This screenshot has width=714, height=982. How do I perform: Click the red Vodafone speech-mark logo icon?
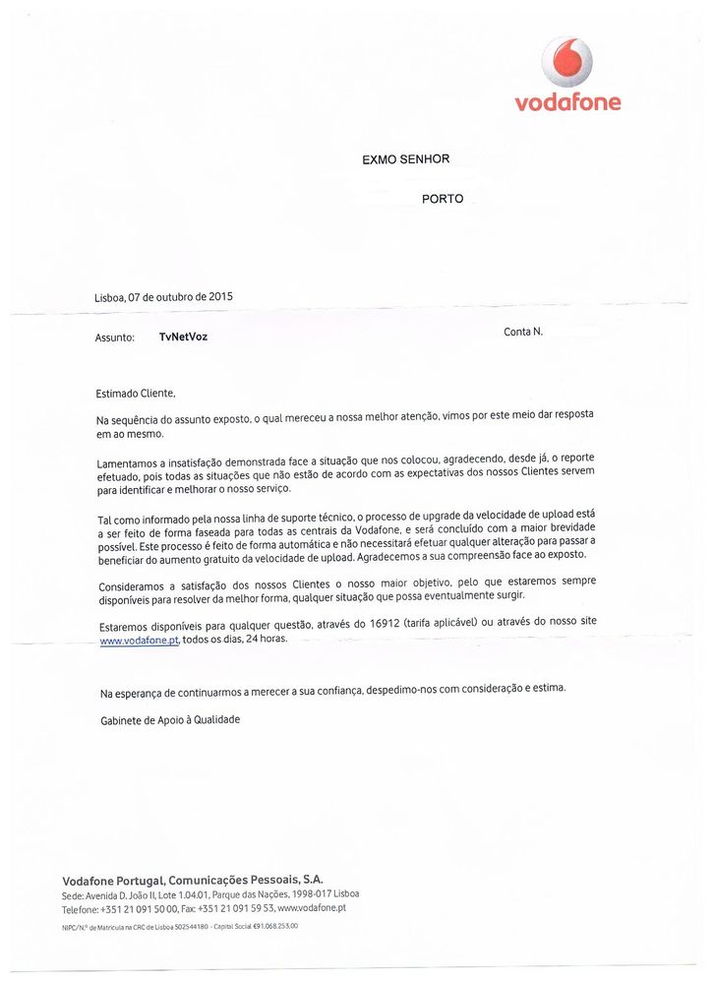coord(566,62)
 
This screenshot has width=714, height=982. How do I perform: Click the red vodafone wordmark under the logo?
coord(567,101)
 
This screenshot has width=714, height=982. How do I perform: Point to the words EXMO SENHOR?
coord(405,159)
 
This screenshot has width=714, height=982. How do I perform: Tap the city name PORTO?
coord(443,199)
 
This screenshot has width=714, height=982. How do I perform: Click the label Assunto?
coord(115,338)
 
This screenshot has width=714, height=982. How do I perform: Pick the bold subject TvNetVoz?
coord(183,337)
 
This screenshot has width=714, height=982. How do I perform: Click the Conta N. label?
coord(523,332)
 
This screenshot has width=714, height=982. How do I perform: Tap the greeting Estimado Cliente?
coord(136,394)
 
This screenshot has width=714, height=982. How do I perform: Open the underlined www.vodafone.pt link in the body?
coord(139,641)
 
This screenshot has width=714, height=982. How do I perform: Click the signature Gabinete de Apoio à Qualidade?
coord(170,719)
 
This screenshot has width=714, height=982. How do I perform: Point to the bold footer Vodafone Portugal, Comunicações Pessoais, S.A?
coord(193,879)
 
